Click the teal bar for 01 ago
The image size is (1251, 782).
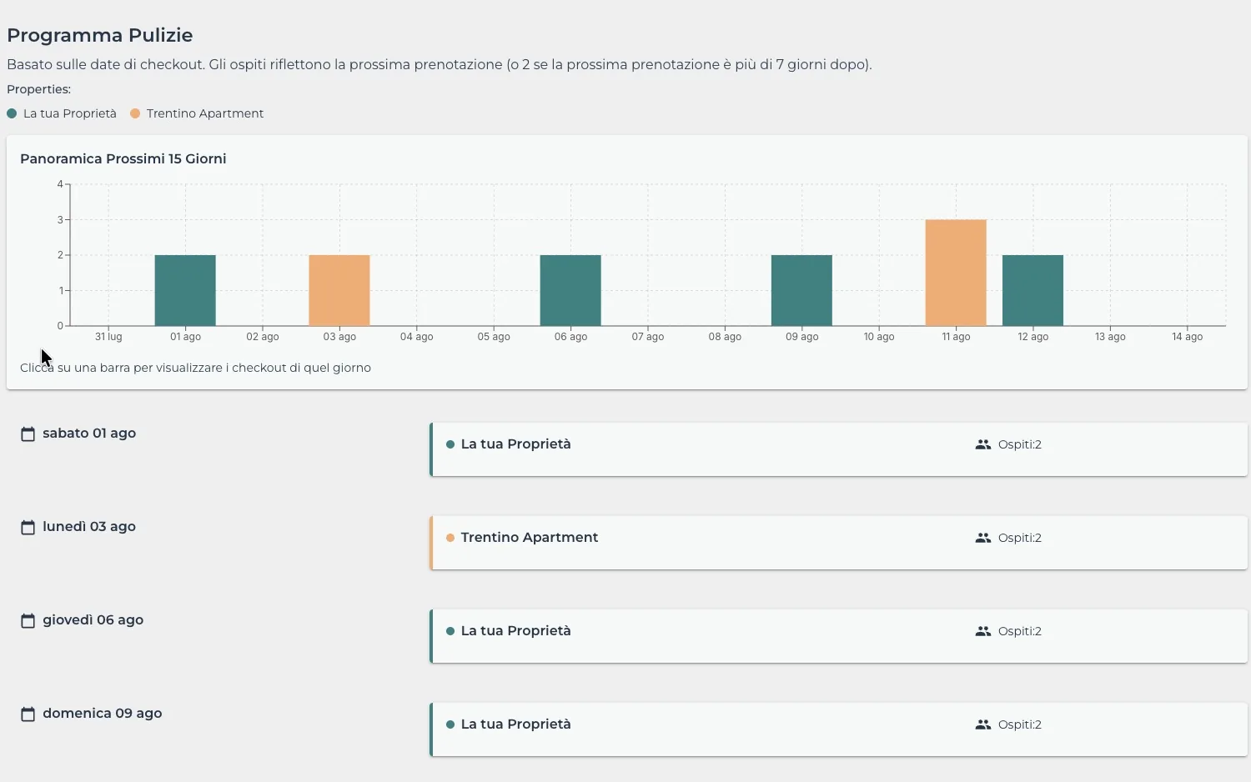[185, 290]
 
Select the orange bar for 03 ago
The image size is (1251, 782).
[339, 290]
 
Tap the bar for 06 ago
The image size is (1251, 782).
[570, 290]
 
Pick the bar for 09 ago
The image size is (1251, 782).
[802, 290]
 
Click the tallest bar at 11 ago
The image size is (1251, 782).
[956, 273]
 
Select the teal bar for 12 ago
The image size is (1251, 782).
[1033, 290]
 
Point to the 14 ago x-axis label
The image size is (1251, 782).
[1188, 337]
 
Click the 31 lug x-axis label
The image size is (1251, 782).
[108, 337]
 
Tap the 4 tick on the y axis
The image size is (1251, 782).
[60, 184]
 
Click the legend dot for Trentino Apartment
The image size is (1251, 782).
[135, 114]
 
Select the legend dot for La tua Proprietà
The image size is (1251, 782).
[12, 114]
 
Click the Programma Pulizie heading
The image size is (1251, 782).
[100, 35]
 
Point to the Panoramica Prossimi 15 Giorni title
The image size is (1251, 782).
[123, 158]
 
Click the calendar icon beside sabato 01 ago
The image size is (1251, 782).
[28, 434]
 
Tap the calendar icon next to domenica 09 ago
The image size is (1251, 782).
[28, 714]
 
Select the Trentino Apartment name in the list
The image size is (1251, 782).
[530, 537]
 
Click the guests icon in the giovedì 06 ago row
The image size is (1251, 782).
[983, 631]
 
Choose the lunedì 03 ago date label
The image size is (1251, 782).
[89, 526]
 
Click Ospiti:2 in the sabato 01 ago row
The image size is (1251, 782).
[1020, 444]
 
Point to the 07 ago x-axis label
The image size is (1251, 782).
[648, 337]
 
